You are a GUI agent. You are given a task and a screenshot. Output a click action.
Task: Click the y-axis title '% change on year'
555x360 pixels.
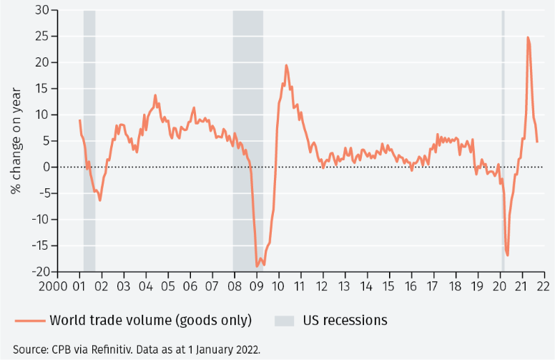[16, 141]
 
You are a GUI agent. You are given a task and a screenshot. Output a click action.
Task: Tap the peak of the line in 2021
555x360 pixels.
[528, 37]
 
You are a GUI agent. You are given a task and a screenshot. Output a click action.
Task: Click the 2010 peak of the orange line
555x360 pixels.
[286, 65]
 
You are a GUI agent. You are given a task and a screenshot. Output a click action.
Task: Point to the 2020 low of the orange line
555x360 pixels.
[507, 255]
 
